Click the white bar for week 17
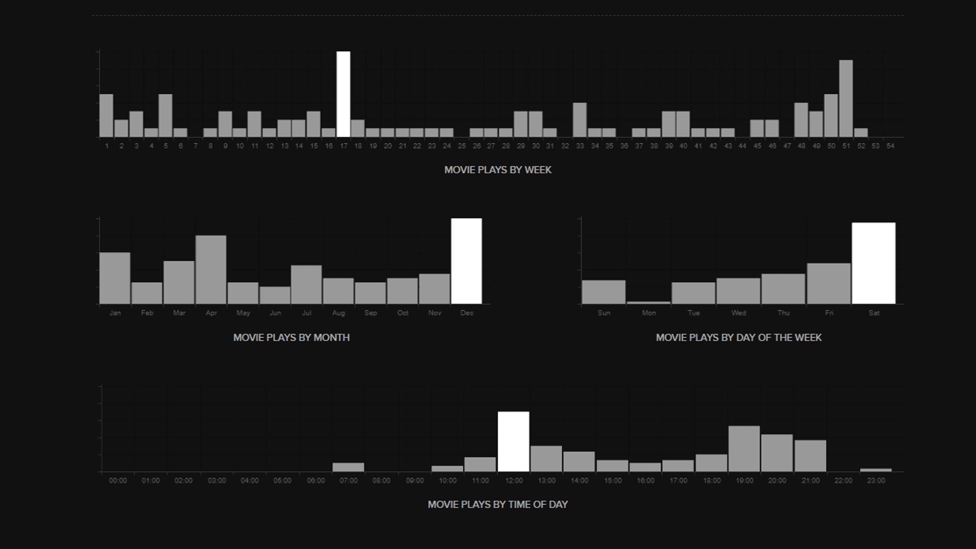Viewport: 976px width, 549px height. [343, 94]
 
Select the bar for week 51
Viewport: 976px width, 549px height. [846, 99]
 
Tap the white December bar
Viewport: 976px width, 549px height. [466, 261]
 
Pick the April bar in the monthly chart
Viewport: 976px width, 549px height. [211, 269]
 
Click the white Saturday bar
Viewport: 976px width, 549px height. [873, 263]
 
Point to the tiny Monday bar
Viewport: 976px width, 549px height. [649, 302]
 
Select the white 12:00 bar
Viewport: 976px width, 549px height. [513, 441]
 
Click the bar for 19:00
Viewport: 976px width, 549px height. [744, 448]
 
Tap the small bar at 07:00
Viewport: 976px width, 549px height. [348, 467]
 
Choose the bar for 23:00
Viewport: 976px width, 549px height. [876, 470]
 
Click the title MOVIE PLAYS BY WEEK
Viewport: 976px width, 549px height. [498, 170]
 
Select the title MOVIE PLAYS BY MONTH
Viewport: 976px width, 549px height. [291, 338]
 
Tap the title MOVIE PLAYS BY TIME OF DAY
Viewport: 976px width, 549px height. [498, 504]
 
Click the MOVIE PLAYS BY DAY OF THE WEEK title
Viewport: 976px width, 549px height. [739, 338]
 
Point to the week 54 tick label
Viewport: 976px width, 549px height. [890, 146]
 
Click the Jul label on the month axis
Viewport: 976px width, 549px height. [307, 313]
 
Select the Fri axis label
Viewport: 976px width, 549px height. [829, 313]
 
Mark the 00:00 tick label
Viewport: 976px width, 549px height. [117, 480]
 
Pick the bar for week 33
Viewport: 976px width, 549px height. [579, 120]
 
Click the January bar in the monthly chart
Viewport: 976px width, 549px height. [115, 278]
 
